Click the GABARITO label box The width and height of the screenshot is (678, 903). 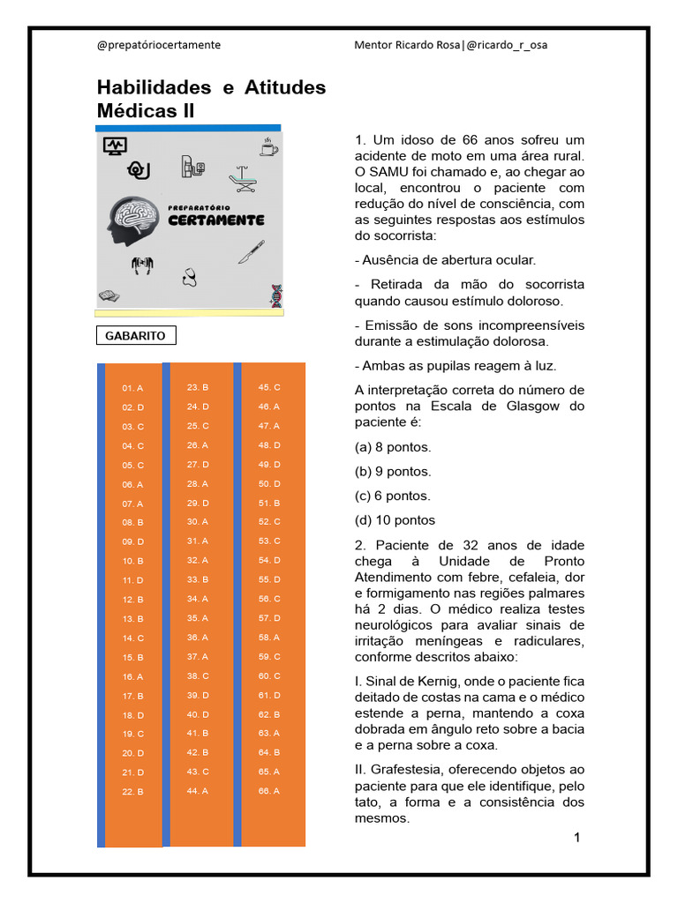(x=135, y=336)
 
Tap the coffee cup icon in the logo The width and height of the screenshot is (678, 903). (x=267, y=146)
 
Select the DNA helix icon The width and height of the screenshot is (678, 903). (x=276, y=295)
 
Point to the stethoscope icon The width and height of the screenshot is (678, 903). (x=189, y=277)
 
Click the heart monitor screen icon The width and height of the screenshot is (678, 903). (x=115, y=146)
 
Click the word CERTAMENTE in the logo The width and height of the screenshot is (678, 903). (x=215, y=220)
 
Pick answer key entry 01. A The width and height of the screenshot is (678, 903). (x=132, y=388)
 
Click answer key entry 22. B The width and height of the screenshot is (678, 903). (x=132, y=792)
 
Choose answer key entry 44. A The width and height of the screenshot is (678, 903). (x=197, y=791)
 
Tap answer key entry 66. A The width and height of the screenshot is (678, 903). (x=269, y=791)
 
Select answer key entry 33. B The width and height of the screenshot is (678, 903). (x=197, y=579)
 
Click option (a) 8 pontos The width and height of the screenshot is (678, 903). (x=393, y=447)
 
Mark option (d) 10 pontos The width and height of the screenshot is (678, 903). (x=395, y=520)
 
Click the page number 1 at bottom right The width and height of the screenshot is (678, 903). (x=576, y=838)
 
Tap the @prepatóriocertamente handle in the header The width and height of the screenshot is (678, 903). (x=159, y=45)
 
